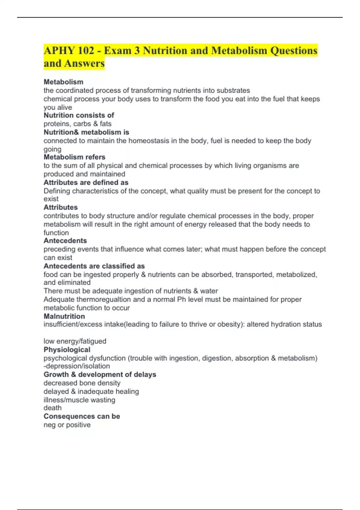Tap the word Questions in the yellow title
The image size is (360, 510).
[x=294, y=50]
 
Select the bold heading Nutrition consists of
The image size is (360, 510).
[x=79, y=115]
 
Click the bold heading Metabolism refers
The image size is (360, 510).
[x=74, y=157]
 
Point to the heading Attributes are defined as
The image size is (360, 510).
[x=86, y=182]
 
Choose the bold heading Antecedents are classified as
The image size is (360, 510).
[x=94, y=266]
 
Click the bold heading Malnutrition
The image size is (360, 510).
[x=64, y=316]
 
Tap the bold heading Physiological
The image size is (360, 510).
[x=67, y=349]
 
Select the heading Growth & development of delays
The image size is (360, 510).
[x=100, y=374]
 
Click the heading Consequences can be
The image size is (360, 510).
[x=82, y=416]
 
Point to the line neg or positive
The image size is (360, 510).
[x=67, y=425]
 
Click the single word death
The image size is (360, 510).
[x=52, y=408]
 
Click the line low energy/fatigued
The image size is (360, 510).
[x=75, y=341]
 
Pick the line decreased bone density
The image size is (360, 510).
[x=82, y=383]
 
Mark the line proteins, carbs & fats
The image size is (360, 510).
[x=77, y=124]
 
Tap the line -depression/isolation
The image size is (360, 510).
[x=76, y=366]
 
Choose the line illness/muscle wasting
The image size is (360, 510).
[x=79, y=400]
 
